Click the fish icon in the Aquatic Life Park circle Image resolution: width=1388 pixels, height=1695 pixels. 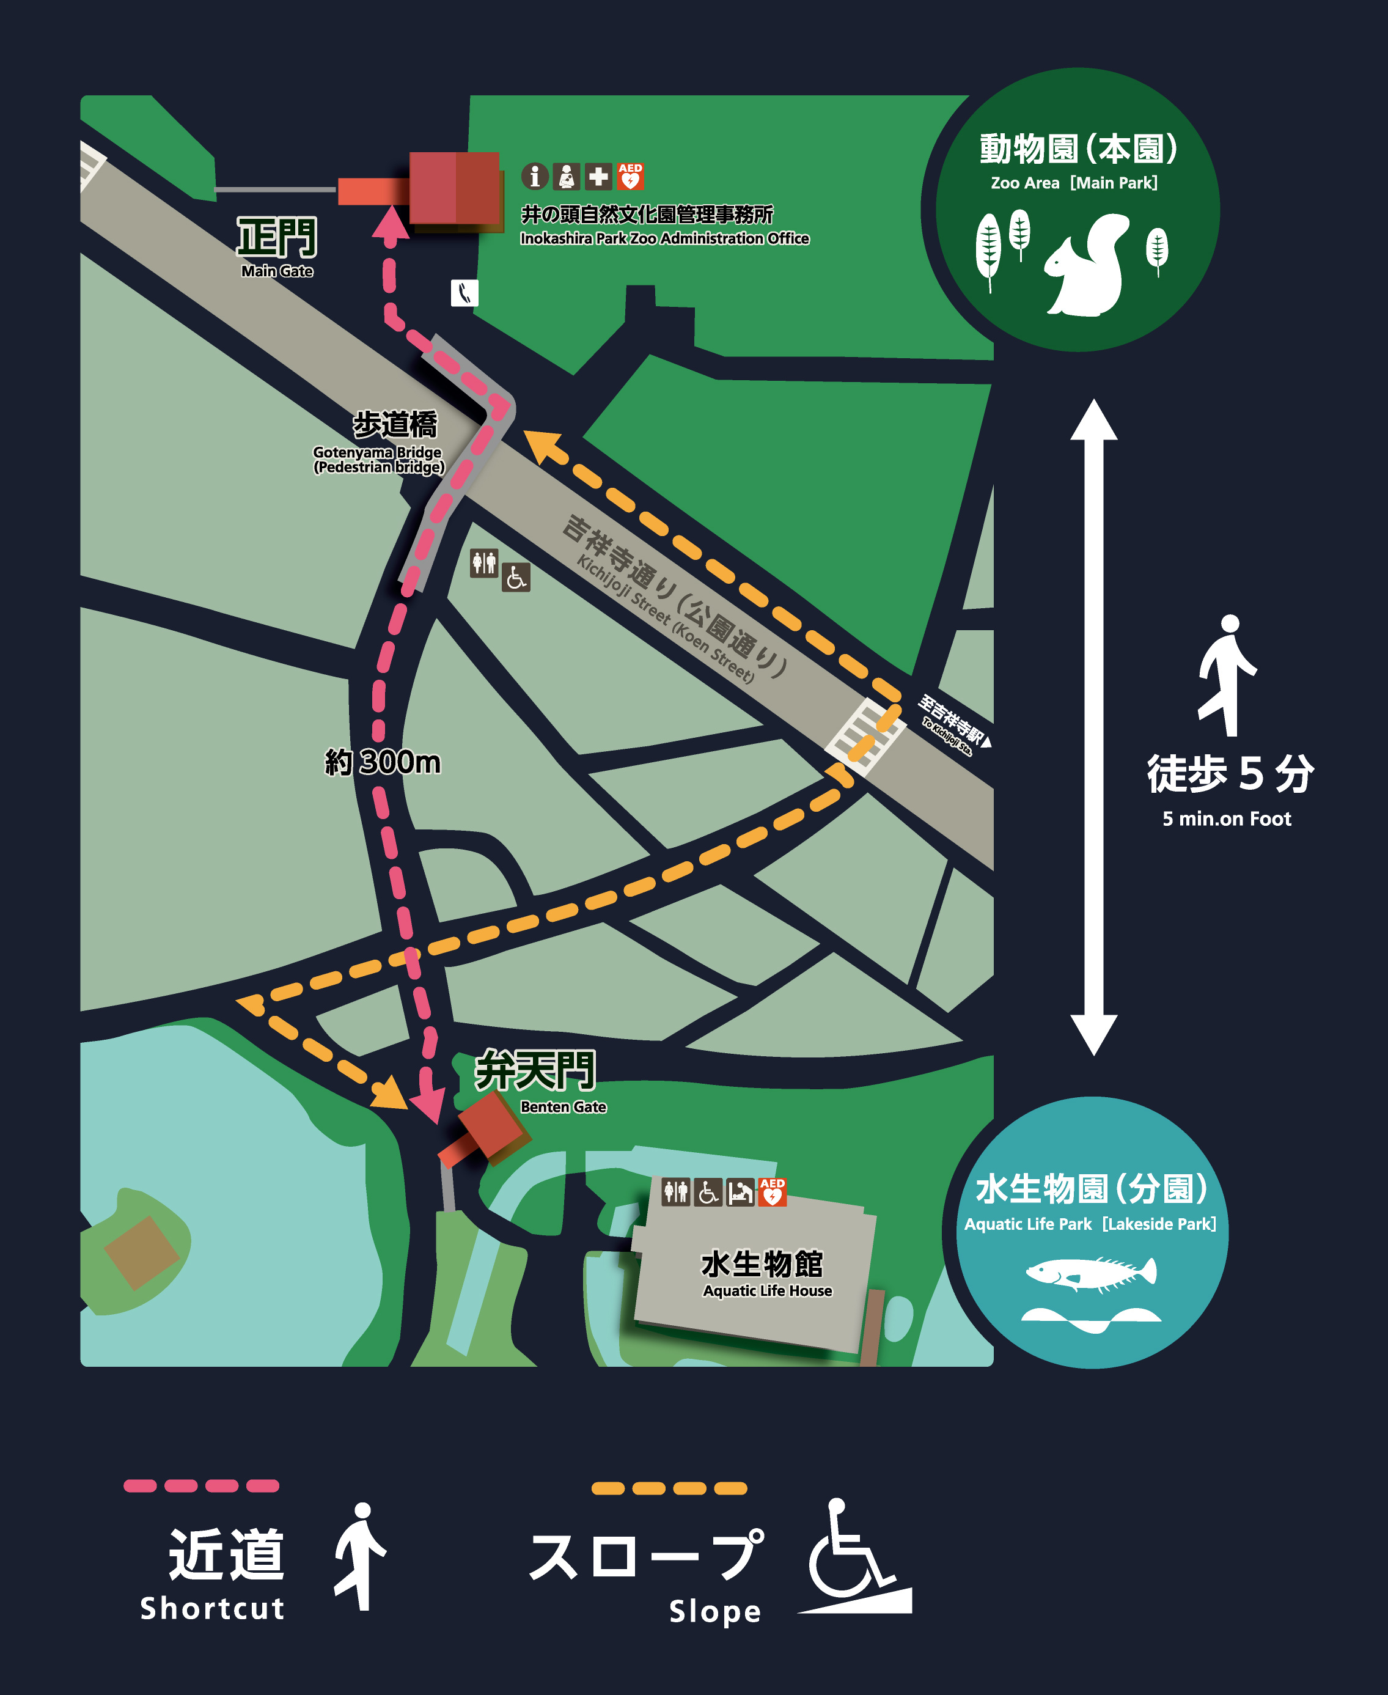tap(1092, 1273)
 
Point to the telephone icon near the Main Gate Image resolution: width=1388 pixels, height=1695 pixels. tap(465, 293)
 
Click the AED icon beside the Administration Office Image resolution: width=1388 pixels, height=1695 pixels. tap(630, 177)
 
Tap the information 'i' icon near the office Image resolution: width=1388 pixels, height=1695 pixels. tap(534, 177)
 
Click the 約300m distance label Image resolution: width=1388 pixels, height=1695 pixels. tap(382, 763)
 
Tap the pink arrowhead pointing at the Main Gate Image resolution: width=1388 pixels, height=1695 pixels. tap(390, 222)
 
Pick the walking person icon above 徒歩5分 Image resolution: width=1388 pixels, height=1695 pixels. tap(1227, 675)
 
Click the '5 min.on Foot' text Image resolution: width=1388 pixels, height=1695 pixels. tap(1227, 818)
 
